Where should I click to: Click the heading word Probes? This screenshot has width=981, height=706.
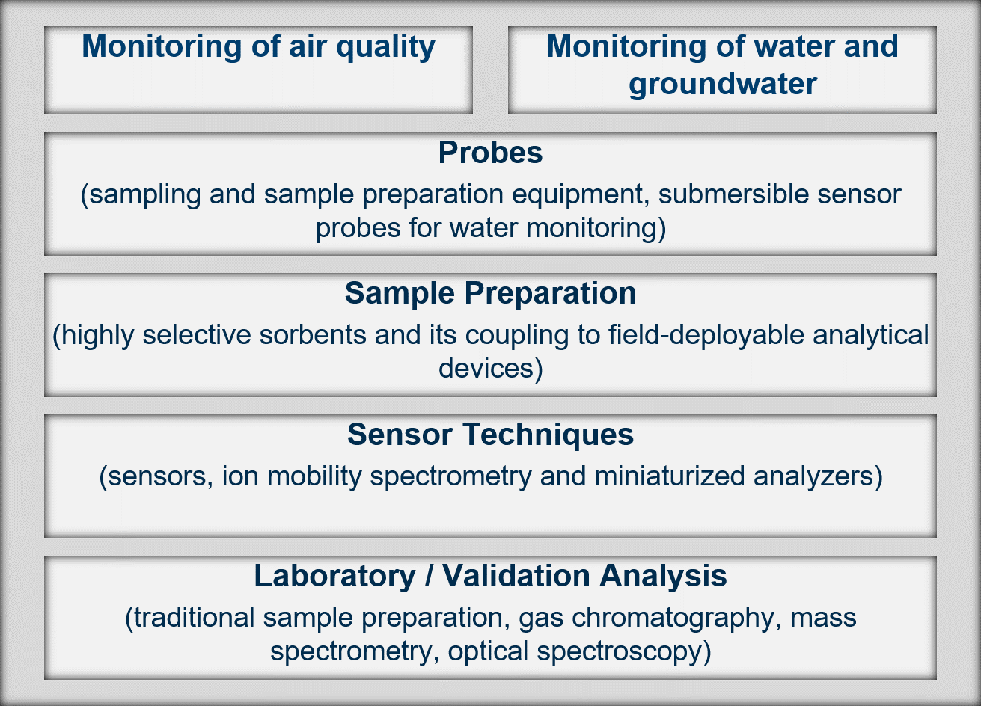coord(490,153)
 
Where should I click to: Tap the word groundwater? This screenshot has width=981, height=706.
coord(722,83)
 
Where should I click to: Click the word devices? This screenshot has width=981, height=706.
coord(489,368)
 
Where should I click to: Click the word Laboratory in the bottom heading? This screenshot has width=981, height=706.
coord(334,576)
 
